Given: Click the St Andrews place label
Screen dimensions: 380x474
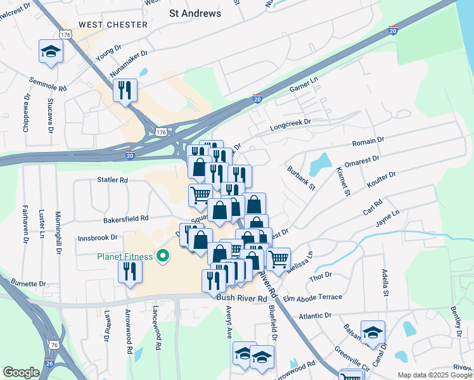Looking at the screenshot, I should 195,13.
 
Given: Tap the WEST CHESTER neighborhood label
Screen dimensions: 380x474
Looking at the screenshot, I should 113,25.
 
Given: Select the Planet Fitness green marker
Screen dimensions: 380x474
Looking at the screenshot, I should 163,256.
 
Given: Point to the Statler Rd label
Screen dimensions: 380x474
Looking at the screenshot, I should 112,180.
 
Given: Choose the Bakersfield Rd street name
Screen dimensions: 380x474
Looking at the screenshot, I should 125,218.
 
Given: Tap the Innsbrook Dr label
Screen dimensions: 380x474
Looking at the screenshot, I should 98,237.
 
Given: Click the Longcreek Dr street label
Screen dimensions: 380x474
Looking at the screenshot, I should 291,122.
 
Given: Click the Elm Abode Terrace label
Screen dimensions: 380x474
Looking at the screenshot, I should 312,297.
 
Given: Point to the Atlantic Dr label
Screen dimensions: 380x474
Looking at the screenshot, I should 315,315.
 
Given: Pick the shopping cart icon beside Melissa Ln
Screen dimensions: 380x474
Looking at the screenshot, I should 278,258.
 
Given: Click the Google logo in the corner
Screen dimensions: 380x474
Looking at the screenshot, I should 21,372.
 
